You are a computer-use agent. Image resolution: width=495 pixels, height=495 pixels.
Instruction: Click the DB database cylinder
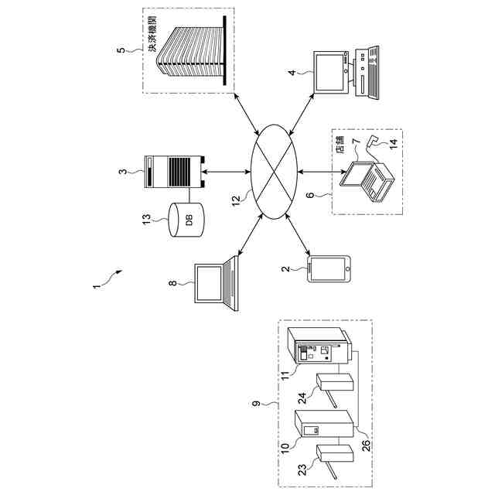point(186,219)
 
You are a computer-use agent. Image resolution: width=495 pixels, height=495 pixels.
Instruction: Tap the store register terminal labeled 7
point(370,179)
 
